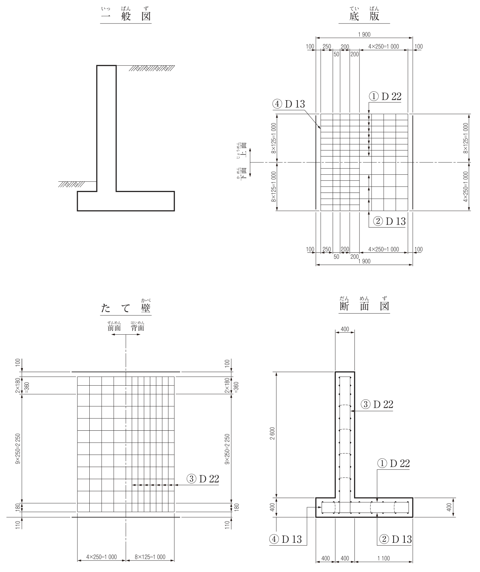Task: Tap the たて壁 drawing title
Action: click(126, 308)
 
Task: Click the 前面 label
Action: click(114, 328)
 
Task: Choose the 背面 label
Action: click(137, 328)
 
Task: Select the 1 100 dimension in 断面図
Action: click(383, 558)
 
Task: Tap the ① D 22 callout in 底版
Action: click(385, 96)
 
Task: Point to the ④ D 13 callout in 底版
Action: click(288, 104)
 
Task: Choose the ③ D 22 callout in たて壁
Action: click(203, 478)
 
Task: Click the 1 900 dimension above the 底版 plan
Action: click(364, 34)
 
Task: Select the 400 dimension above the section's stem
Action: click(345, 329)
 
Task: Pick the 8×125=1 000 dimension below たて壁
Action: click(150, 557)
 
